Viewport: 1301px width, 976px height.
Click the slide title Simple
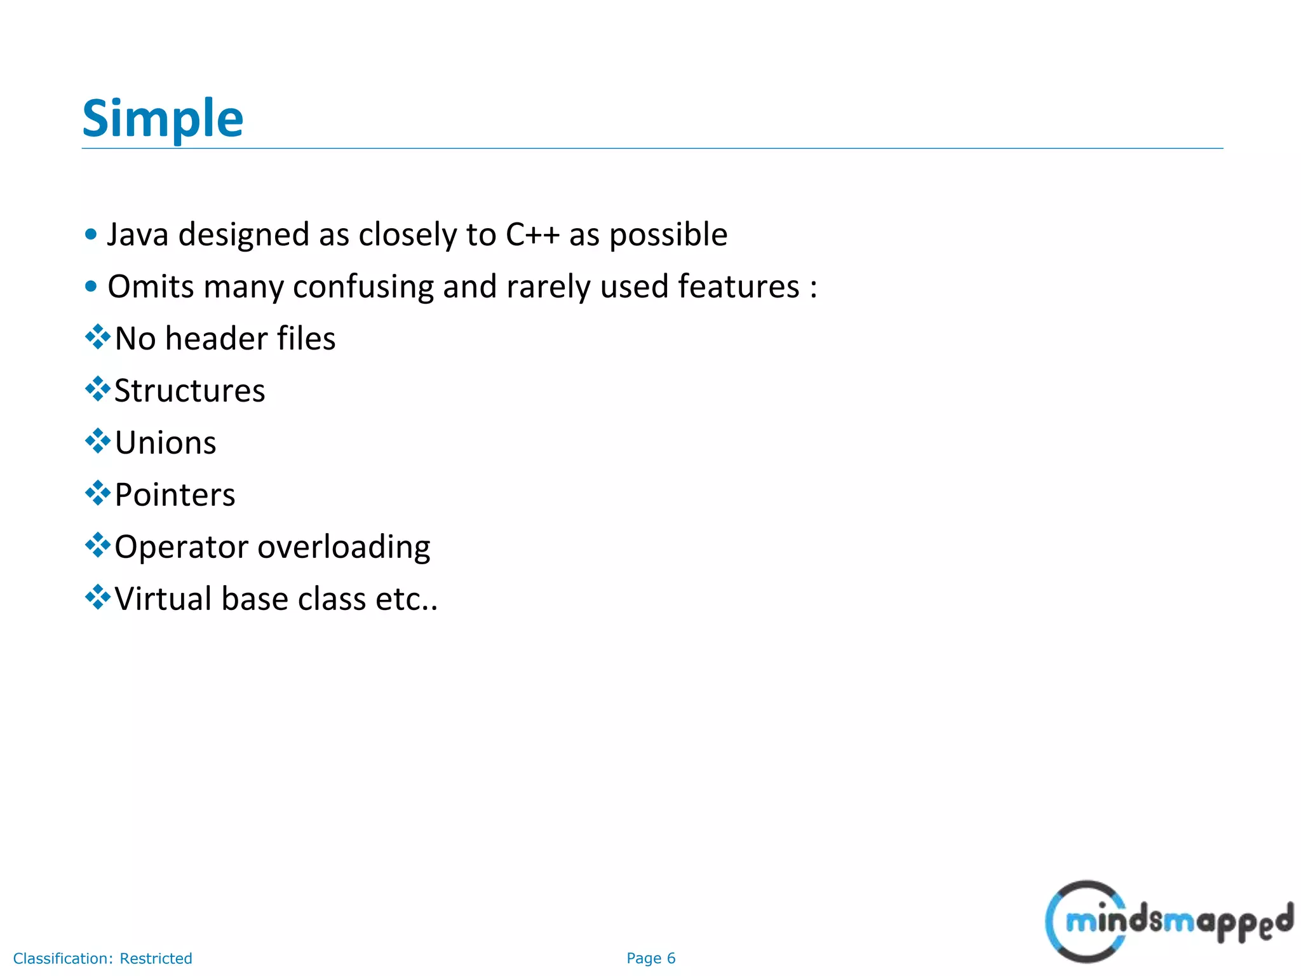tap(163, 119)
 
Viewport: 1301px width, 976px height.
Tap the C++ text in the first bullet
tap(532, 234)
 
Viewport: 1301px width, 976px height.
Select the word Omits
tap(151, 287)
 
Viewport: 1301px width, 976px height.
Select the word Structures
tap(189, 391)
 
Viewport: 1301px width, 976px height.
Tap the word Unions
tap(165, 443)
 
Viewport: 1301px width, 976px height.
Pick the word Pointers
tap(175, 495)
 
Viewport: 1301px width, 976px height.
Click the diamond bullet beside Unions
tap(97, 441)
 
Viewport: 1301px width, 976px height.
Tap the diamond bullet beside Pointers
tap(97, 493)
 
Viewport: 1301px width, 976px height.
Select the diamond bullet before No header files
tap(97, 337)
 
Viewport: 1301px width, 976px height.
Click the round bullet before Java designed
tap(91, 234)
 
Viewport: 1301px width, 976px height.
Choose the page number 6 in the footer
tap(671, 958)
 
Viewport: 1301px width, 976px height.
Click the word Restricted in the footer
tap(156, 958)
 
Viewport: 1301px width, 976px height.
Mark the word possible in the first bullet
tap(668, 234)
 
